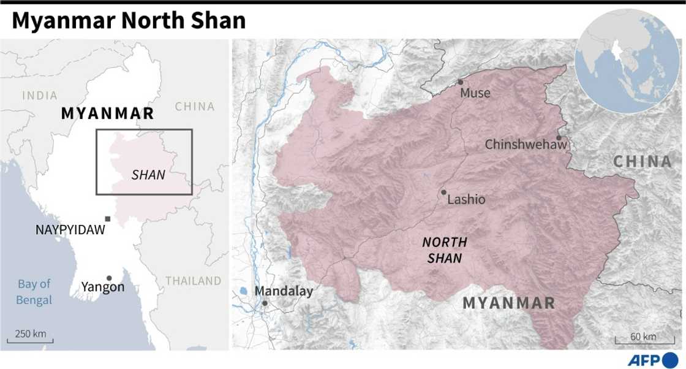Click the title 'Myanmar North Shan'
(129, 21)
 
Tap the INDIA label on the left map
(40, 96)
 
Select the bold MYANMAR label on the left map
(107, 113)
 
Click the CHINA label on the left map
(195, 107)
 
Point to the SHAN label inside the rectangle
(148, 175)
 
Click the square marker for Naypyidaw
(108, 219)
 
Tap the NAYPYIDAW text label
(70, 230)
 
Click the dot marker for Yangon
(109, 278)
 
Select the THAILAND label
(193, 281)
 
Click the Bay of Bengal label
(34, 292)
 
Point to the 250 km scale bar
(31, 338)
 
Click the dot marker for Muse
(460, 82)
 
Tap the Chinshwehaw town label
(526, 145)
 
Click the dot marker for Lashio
(443, 192)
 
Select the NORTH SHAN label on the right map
(445, 250)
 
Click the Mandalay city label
(284, 291)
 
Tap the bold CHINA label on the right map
(643, 162)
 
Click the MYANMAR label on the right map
(509, 303)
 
